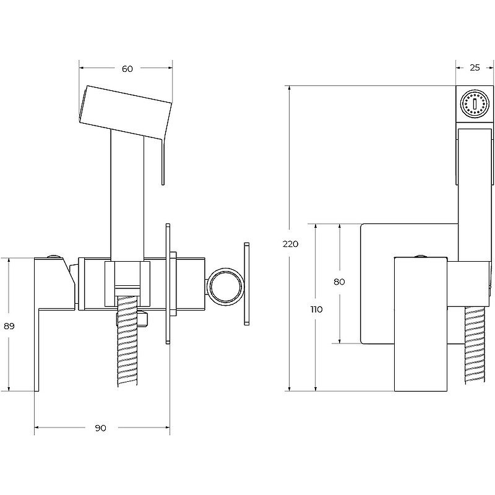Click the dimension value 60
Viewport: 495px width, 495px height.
127,69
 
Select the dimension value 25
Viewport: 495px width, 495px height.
475,67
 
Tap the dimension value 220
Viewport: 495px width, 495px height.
290,244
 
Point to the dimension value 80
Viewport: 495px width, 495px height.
339,282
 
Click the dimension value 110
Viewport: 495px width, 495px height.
316,309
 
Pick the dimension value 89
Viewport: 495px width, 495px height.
9,326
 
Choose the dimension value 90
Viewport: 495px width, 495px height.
100,428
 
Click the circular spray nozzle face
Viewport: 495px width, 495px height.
475,103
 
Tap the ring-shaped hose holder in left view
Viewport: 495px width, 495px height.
225,286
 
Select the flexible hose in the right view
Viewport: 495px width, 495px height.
475,345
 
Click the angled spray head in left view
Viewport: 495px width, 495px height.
125,112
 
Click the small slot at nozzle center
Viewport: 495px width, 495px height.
475,103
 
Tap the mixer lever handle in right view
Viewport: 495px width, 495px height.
421,324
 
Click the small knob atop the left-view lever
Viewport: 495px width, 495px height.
54,256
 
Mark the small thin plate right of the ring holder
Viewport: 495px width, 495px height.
246,283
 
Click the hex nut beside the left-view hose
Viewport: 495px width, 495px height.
144,319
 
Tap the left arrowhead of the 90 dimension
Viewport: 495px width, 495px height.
37,428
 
